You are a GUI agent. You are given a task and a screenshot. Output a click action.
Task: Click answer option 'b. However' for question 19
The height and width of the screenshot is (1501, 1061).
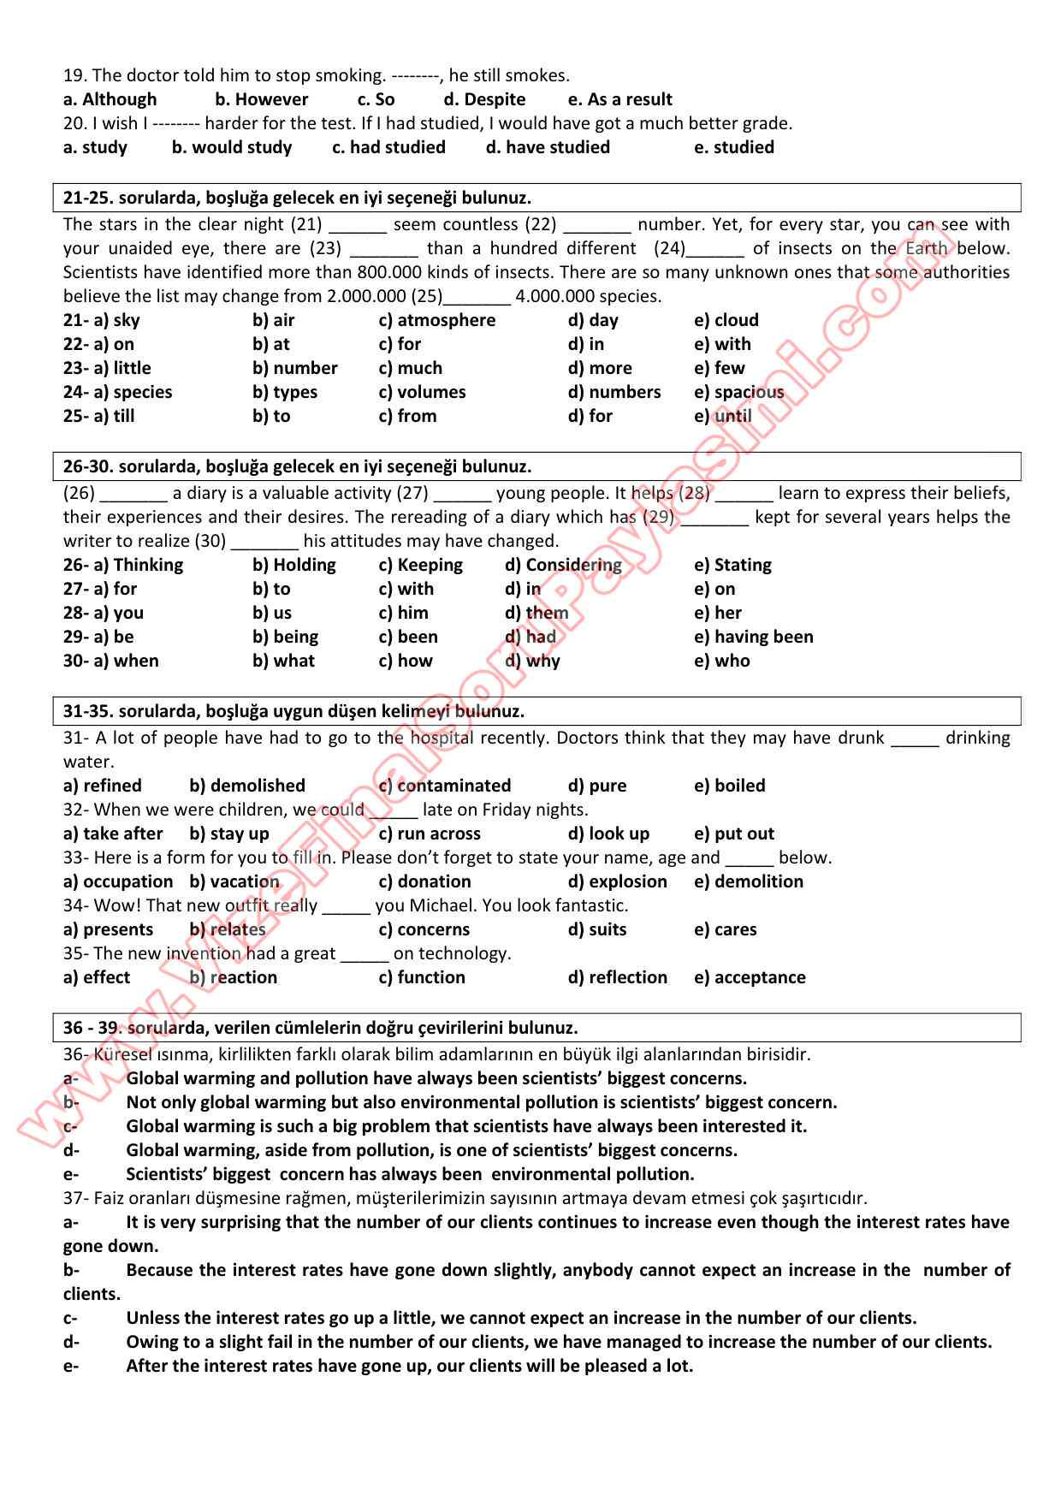(x=261, y=99)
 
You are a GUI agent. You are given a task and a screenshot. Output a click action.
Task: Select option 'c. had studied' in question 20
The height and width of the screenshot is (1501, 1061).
(x=388, y=147)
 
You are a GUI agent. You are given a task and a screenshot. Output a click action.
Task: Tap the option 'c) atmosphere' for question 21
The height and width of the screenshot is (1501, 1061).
(x=436, y=320)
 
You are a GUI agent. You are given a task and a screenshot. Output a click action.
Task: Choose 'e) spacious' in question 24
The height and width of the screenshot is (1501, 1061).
(x=738, y=392)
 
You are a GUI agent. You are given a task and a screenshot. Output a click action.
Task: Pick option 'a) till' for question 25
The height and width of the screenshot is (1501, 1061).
(x=99, y=416)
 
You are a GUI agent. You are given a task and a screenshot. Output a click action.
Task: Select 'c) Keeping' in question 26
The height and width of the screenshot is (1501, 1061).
(x=420, y=565)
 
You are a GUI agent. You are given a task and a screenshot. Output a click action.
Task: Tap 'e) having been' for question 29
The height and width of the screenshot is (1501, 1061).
(x=753, y=637)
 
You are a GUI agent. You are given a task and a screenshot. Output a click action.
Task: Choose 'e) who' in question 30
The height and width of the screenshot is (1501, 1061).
(x=721, y=661)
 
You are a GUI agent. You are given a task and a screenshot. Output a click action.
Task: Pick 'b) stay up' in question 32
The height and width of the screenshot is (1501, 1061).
(x=229, y=834)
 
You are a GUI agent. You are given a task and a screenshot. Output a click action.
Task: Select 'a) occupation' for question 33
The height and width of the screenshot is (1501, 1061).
(x=118, y=881)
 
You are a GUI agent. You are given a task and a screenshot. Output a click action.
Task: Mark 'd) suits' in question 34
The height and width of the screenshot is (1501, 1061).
(x=596, y=929)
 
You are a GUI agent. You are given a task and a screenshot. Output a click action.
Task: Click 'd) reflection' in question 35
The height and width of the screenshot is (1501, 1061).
(x=617, y=977)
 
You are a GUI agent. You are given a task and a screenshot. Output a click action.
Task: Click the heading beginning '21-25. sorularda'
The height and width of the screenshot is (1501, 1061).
(x=297, y=198)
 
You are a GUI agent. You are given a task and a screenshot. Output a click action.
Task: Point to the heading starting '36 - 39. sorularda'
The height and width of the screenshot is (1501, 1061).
(x=320, y=1028)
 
